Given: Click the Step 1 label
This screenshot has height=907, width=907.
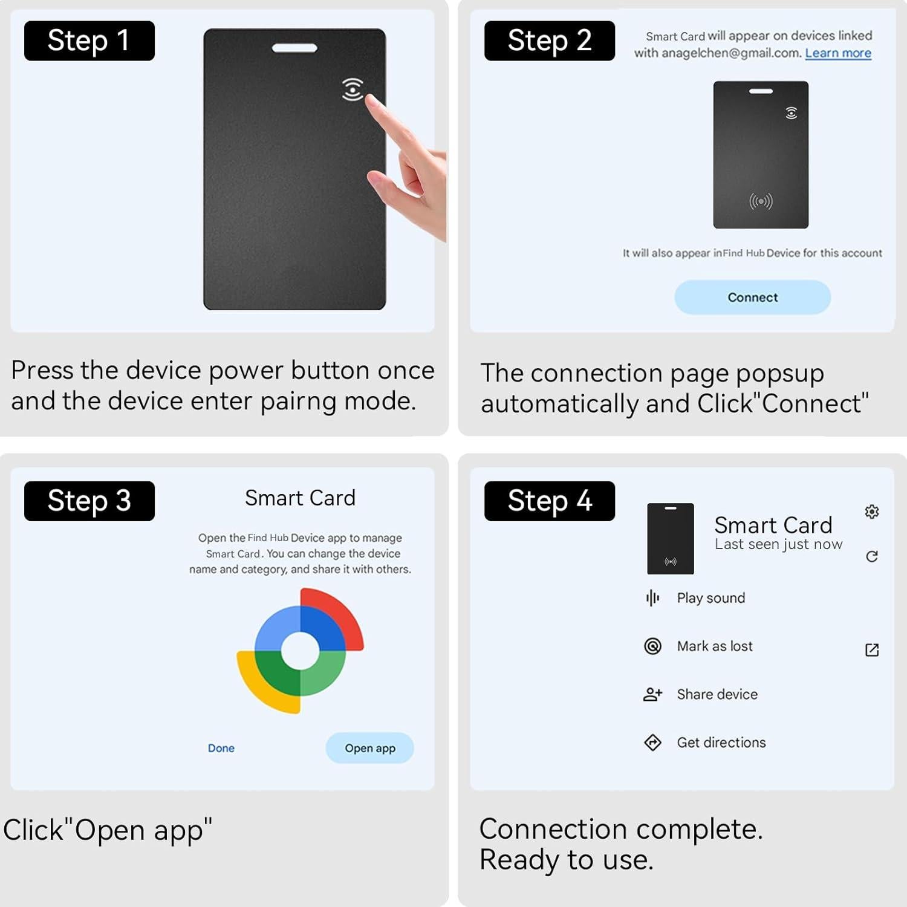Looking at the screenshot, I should tap(89, 41).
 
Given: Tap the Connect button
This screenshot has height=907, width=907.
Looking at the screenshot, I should tap(752, 297).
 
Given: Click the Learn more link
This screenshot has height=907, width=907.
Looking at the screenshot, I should tap(837, 53).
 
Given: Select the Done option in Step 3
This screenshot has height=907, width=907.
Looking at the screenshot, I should tap(221, 748).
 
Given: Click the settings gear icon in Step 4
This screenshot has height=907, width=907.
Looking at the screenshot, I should tap(871, 512).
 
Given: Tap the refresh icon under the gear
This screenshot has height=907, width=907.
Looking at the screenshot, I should tap(871, 556).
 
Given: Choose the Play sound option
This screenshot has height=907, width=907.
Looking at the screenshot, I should tap(710, 598).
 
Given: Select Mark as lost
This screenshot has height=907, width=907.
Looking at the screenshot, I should tap(714, 646).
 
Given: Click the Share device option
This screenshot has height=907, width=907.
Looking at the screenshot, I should tap(717, 694).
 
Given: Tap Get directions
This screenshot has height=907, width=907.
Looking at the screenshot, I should tap(721, 743).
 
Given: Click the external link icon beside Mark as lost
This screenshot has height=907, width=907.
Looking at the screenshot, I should tap(871, 650).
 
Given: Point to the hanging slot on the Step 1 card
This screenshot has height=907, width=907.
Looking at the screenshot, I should tap(294, 48).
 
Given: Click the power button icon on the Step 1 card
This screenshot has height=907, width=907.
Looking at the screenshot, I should tap(353, 89).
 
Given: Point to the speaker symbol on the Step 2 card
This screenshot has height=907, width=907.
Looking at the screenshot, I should tap(761, 201).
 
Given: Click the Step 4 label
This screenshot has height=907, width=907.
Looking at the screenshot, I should tap(549, 501).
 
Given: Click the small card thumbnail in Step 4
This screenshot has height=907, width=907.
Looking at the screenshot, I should tap(670, 538).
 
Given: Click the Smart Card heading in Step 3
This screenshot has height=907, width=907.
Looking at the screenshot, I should tap(300, 498).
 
